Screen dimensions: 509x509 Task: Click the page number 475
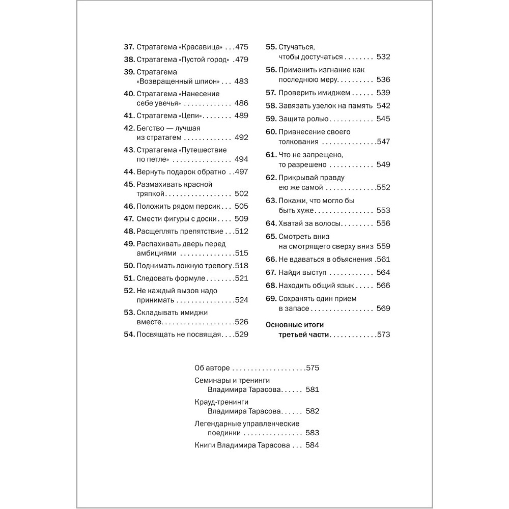click(x=241, y=47)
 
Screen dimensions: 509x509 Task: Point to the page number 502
click(x=241, y=193)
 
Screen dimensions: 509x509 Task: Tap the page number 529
click(x=241, y=334)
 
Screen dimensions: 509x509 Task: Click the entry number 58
click(x=271, y=105)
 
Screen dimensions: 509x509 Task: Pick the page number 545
click(x=383, y=119)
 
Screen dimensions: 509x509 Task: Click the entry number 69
click(x=271, y=298)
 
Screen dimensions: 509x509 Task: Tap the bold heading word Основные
click(x=286, y=324)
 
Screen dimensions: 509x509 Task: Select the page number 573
click(x=383, y=334)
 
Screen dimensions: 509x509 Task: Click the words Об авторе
click(x=212, y=367)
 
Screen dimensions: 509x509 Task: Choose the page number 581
click(x=312, y=389)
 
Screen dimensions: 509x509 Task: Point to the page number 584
click(x=312, y=445)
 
